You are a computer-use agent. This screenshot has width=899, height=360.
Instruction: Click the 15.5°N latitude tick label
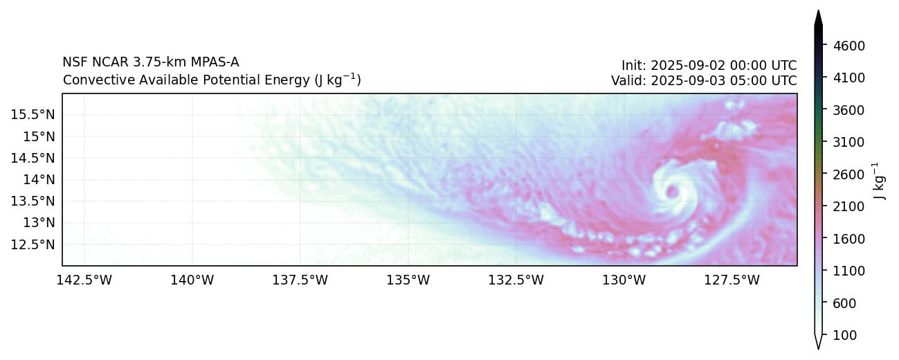coord(33,114)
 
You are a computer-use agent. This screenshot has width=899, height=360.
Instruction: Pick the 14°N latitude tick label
coord(38,179)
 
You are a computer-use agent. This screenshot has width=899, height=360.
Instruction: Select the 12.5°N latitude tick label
coord(33,244)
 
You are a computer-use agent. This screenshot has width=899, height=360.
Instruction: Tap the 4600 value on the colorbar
coord(850,46)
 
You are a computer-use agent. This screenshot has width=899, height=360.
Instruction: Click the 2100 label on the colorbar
coord(850,206)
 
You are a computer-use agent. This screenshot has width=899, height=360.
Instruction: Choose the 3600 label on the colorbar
coord(850,110)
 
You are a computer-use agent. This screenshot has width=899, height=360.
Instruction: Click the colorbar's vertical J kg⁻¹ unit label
coord(878,181)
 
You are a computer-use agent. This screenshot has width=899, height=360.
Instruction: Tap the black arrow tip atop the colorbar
coord(819,15)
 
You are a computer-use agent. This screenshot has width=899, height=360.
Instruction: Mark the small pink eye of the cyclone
coord(671,191)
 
